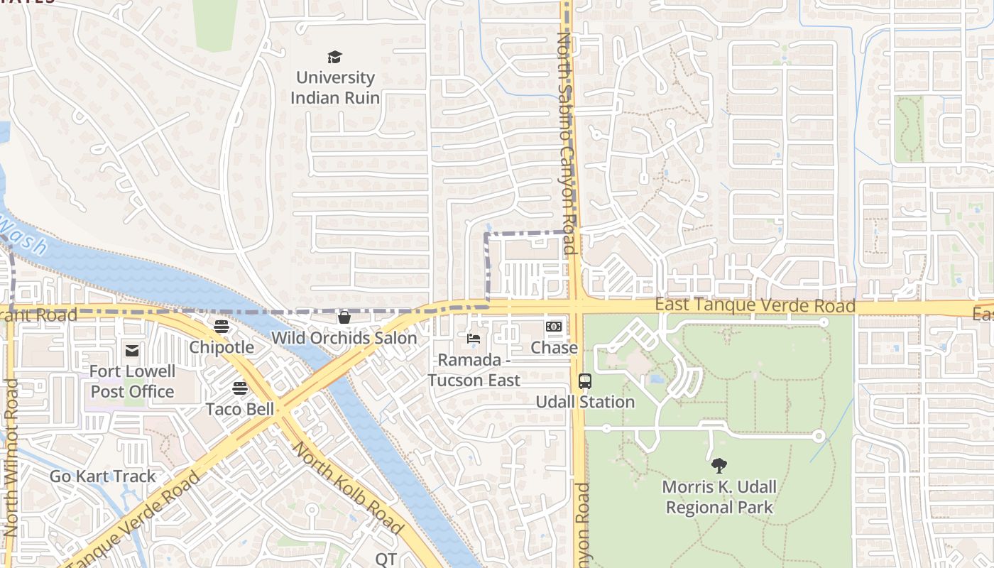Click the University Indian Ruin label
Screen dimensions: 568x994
pyautogui.click(x=335, y=87)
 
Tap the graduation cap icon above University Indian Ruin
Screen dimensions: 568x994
pyautogui.click(x=335, y=57)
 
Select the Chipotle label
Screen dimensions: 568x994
pyautogui.click(x=222, y=347)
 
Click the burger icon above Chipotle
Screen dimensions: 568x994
pyautogui.click(x=222, y=327)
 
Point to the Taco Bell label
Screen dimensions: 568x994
pyautogui.click(x=240, y=410)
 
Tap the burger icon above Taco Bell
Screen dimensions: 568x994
pyautogui.click(x=240, y=388)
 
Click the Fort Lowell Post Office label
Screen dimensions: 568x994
pyautogui.click(x=132, y=381)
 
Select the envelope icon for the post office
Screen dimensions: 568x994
pyautogui.click(x=132, y=350)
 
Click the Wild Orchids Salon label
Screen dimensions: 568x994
pyautogui.click(x=344, y=338)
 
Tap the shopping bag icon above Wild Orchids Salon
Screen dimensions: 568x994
pyautogui.click(x=344, y=317)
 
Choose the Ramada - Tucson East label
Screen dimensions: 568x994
pyautogui.click(x=474, y=370)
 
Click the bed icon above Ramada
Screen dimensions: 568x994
pyautogui.click(x=474, y=338)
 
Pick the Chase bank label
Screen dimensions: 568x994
pyautogui.click(x=555, y=348)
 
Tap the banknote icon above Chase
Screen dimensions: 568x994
pyautogui.click(x=554, y=327)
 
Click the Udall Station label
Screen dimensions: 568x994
pyautogui.click(x=585, y=402)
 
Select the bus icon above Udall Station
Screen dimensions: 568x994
pyautogui.click(x=585, y=381)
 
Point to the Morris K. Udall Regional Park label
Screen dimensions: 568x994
pyautogui.click(x=719, y=497)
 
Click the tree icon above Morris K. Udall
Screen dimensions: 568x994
pyautogui.click(x=719, y=466)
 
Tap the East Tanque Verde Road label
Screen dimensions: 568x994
pyautogui.click(x=755, y=305)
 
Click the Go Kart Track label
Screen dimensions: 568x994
pyautogui.click(x=102, y=476)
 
